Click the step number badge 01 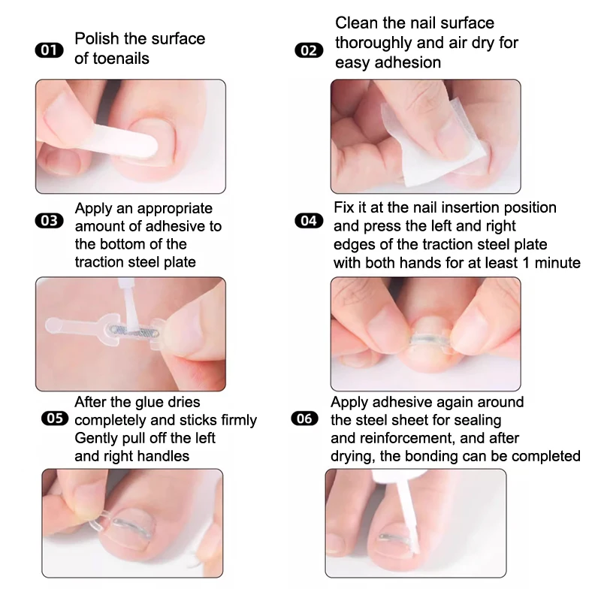coord(50,50)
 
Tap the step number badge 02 coord(308,50)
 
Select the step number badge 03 coord(50,221)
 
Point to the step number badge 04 coord(308,221)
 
